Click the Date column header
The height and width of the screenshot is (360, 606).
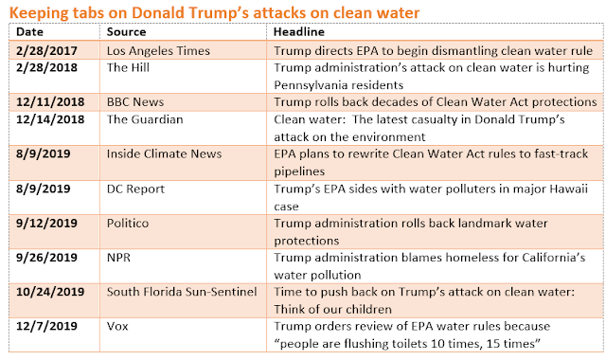pyautogui.click(x=29, y=31)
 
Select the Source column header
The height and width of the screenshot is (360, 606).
pyautogui.click(x=126, y=31)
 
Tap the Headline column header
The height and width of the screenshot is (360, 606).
pyautogui.click(x=299, y=31)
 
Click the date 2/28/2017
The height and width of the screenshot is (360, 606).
pyautogui.click(x=46, y=50)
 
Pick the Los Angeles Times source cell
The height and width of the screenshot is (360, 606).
pyautogui.click(x=158, y=50)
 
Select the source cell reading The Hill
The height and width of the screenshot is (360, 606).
pyautogui.click(x=128, y=67)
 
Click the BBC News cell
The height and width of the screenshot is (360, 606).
pyautogui.click(x=135, y=101)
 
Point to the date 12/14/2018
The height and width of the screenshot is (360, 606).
pyautogui.click(x=50, y=119)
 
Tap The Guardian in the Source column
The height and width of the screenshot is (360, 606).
pyautogui.click(x=145, y=119)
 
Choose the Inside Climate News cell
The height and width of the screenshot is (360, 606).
pyautogui.click(x=164, y=153)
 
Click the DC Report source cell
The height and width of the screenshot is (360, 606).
pyautogui.click(x=135, y=189)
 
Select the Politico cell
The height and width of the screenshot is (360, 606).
pyautogui.click(x=128, y=224)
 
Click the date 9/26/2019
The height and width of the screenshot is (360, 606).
pyautogui.click(x=46, y=257)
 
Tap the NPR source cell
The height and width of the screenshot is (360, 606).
pyautogui.click(x=118, y=257)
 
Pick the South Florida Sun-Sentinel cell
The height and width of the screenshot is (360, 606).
pyautogui.click(x=182, y=292)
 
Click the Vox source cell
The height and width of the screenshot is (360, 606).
pyautogui.click(x=117, y=326)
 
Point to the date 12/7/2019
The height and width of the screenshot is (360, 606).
pyautogui.click(x=46, y=326)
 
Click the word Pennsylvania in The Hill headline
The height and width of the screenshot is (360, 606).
pyautogui.click(x=309, y=85)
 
